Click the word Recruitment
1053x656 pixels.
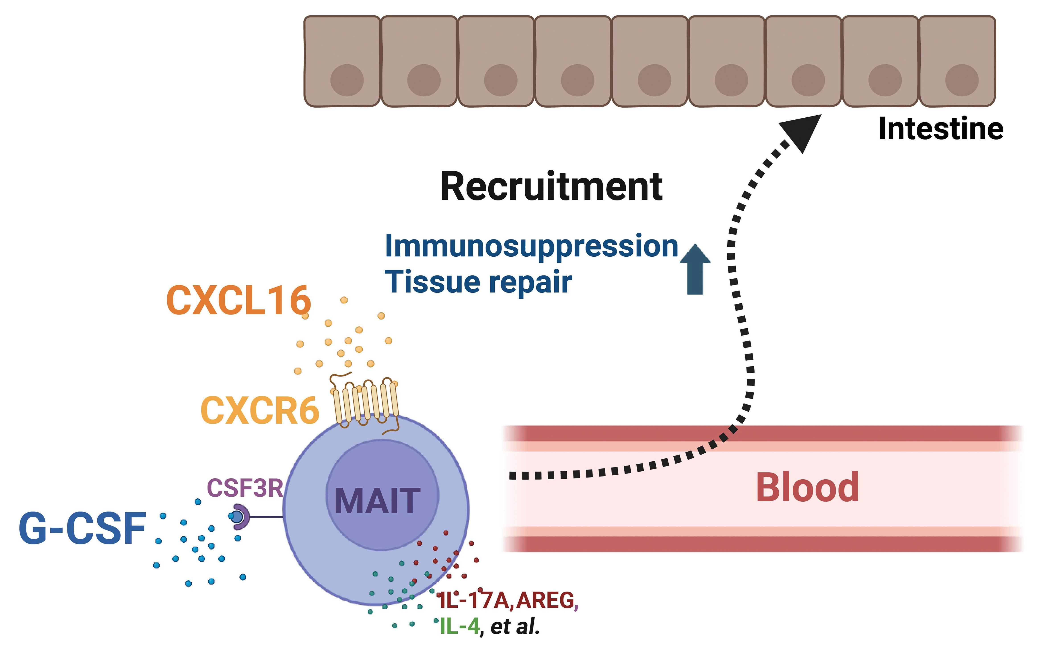[551, 187]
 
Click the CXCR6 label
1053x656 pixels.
[259, 411]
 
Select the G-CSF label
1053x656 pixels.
[82, 528]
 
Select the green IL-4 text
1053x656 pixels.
[459, 626]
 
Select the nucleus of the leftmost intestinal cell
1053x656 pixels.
[347, 80]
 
